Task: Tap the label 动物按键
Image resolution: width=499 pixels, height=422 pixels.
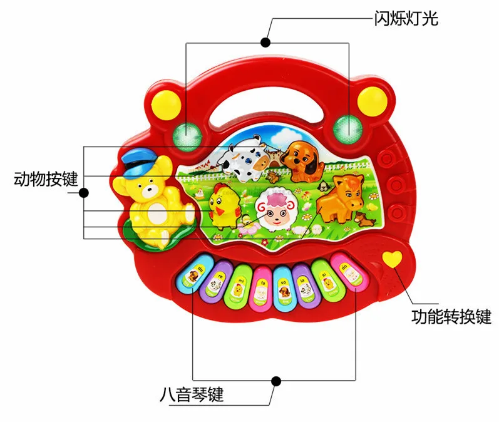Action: [46, 180]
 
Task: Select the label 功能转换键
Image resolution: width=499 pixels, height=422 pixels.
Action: [451, 316]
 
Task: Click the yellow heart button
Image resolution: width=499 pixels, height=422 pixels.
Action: [392, 260]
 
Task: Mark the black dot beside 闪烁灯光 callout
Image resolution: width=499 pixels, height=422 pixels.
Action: [265, 43]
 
